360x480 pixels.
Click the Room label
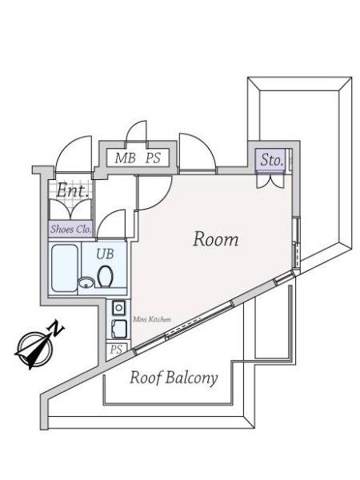[216, 239]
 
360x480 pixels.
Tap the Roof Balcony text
[174, 378]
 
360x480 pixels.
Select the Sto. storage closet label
[271, 160]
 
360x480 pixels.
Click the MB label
[126, 158]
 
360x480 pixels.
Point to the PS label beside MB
[153, 158]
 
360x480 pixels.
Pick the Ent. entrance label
[73, 190]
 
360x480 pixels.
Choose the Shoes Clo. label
[71, 229]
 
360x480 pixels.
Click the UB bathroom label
[105, 254]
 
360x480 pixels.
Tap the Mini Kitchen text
[151, 319]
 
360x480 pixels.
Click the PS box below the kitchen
[116, 350]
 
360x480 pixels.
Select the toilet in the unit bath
[105, 277]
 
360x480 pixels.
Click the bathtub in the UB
[64, 268]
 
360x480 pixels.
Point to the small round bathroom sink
[86, 282]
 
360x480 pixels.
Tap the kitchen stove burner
[118, 308]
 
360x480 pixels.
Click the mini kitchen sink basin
[119, 329]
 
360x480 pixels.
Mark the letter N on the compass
[55, 329]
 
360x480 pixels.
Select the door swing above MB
[137, 131]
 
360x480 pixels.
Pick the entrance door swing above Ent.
[74, 154]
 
